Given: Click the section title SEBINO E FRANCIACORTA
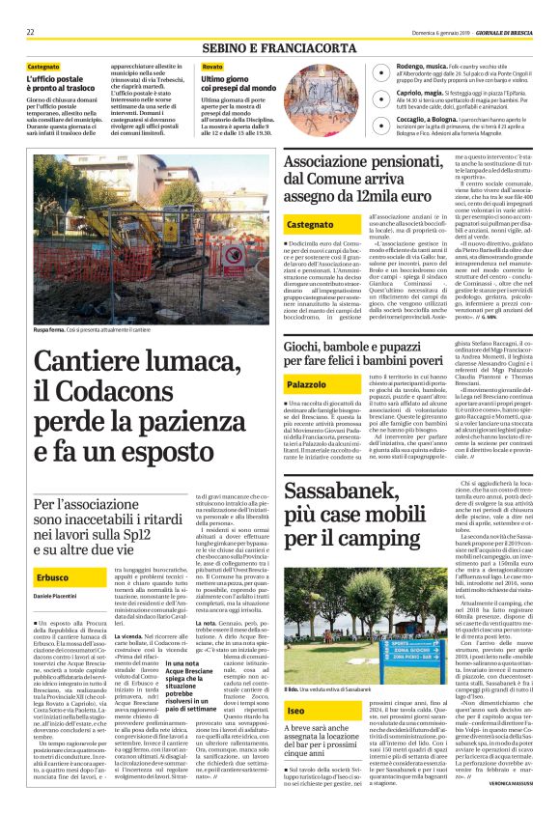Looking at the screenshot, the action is point(279,45).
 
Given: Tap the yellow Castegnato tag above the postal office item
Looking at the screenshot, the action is point(44,66).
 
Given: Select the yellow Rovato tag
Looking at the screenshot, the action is point(211,66).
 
